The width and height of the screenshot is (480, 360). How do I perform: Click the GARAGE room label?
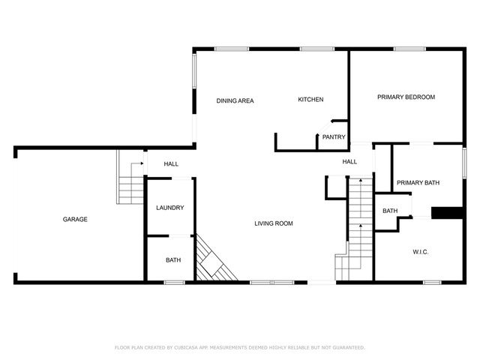75,219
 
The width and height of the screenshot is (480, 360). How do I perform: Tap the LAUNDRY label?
170,208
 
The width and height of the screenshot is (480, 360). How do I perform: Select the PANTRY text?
334,137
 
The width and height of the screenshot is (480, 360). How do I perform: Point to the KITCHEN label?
310,100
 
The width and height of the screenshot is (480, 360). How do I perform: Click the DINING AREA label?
235,100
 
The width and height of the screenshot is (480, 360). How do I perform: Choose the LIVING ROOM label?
274,223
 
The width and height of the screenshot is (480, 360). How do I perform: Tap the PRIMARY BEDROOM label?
406,97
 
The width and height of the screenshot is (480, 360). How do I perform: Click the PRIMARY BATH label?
418,183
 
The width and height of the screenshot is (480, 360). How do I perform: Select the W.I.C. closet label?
421,252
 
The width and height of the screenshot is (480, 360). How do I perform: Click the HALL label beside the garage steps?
171,164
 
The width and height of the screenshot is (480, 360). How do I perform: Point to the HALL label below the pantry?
349,162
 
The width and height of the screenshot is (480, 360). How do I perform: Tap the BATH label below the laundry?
173,260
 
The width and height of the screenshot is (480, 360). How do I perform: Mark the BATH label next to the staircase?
390,211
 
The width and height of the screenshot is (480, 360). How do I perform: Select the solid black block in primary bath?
447,213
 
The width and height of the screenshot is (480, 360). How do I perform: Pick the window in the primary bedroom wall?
409,49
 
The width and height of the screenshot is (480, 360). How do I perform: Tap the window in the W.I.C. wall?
432,282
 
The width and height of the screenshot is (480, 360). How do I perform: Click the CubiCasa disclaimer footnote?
240,347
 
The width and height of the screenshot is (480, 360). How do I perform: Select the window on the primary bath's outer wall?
464,163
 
